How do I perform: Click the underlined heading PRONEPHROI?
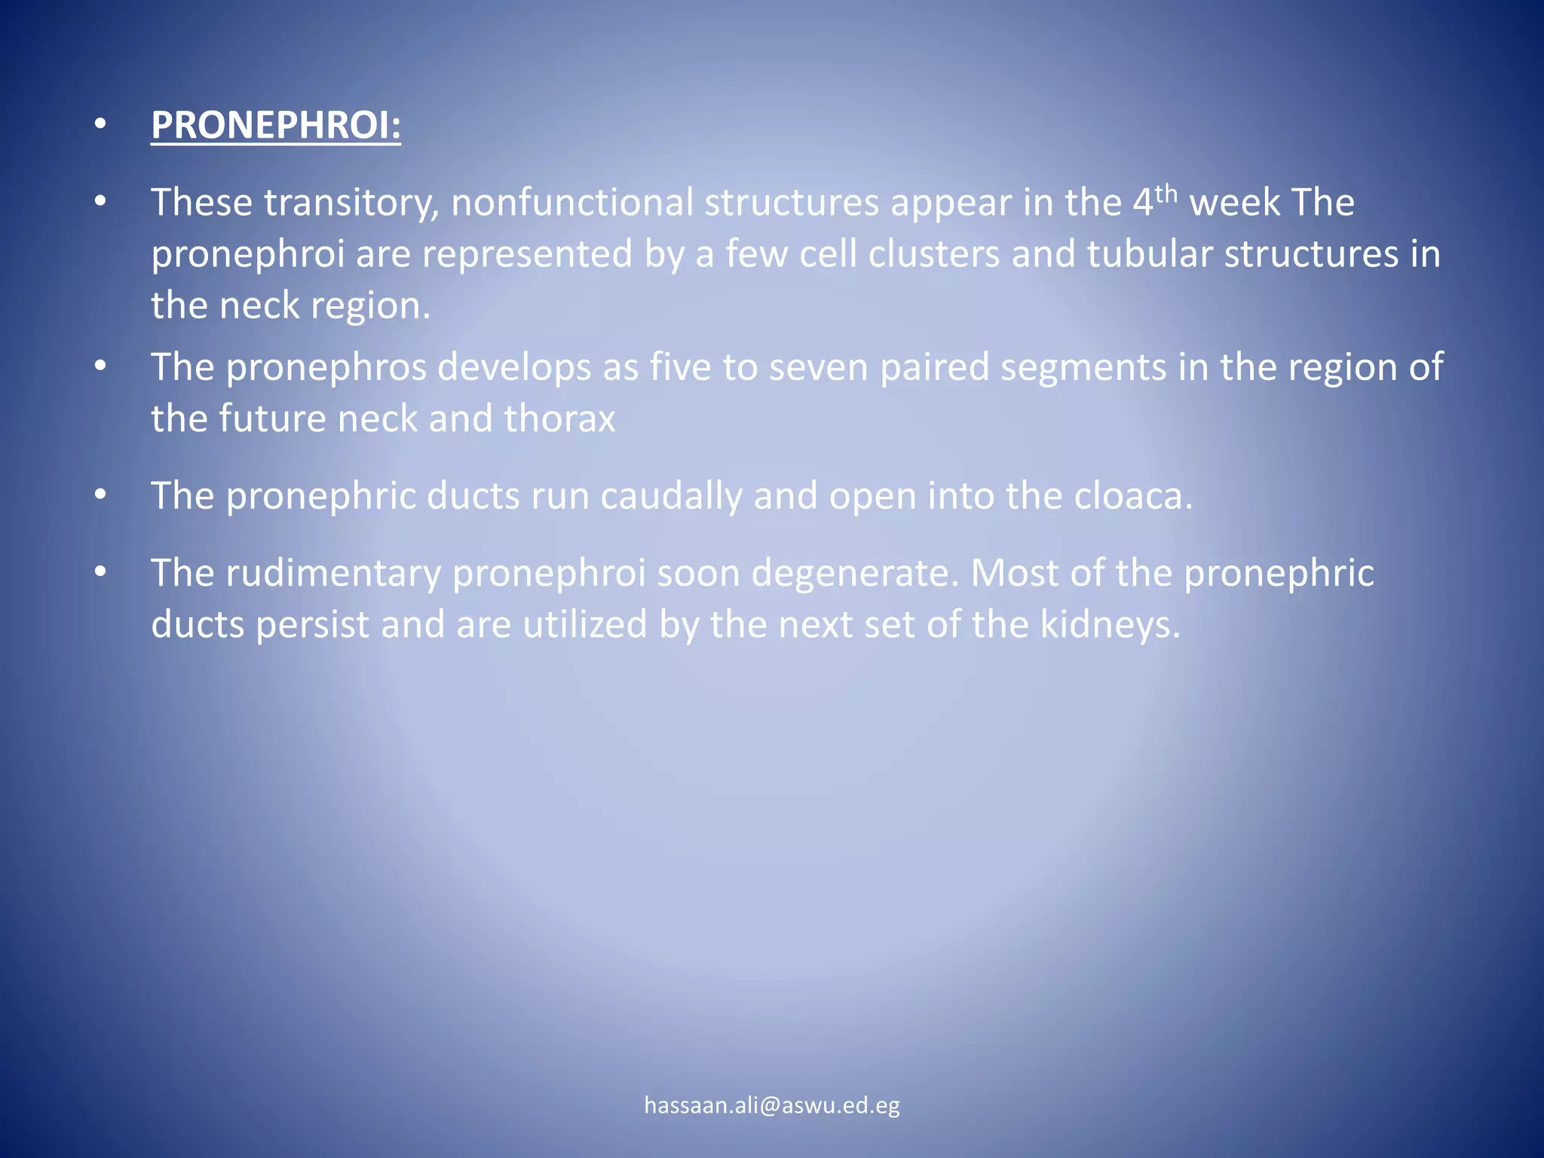pos(276,125)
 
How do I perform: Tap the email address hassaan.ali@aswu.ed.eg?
pos(772,1105)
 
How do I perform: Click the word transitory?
pos(351,203)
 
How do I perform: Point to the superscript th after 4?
pos(1166,194)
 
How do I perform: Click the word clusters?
pos(934,254)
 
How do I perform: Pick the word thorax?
pos(559,419)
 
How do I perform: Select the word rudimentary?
pos(333,574)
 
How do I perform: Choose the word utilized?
pos(585,625)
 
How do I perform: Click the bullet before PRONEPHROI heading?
pos(100,125)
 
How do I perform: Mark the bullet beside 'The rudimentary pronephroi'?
pos(100,573)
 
